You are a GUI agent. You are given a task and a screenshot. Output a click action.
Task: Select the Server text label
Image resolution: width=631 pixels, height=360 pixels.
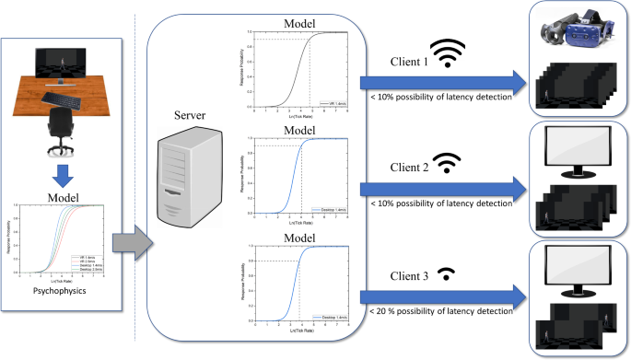(x=189, y=117)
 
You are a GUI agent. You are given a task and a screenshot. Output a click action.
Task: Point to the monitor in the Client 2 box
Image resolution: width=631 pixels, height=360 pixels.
(x=579, y=151)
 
